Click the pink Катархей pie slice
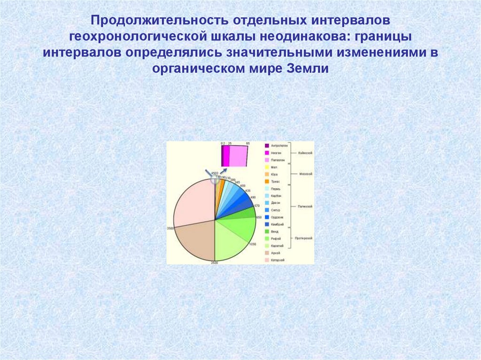tap(193, 202)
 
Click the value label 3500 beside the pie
tap(171, 228)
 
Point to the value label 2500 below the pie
tap(215, 262)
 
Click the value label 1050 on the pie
tap(252, 245)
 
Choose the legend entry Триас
tap(276, 181)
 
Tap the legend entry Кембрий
tap(278, 224)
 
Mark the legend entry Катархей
tap(278, 260)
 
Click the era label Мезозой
tap(306, 174)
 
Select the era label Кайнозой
tap(305, 153)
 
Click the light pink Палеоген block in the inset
tap(239, 156)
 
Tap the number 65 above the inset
tap(248, 143)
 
